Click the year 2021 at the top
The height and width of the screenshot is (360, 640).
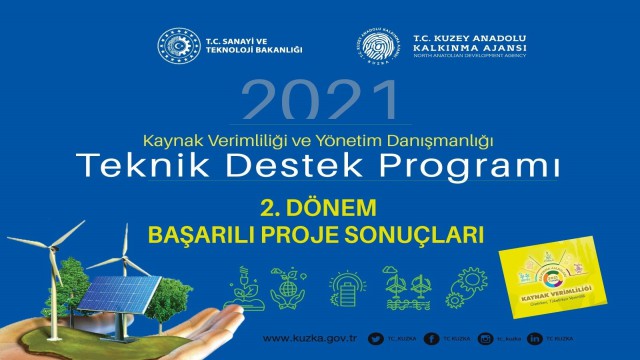(319, 103)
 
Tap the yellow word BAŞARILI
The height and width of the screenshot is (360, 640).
(195, 234)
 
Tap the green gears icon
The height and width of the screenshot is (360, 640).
(469, 284)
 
